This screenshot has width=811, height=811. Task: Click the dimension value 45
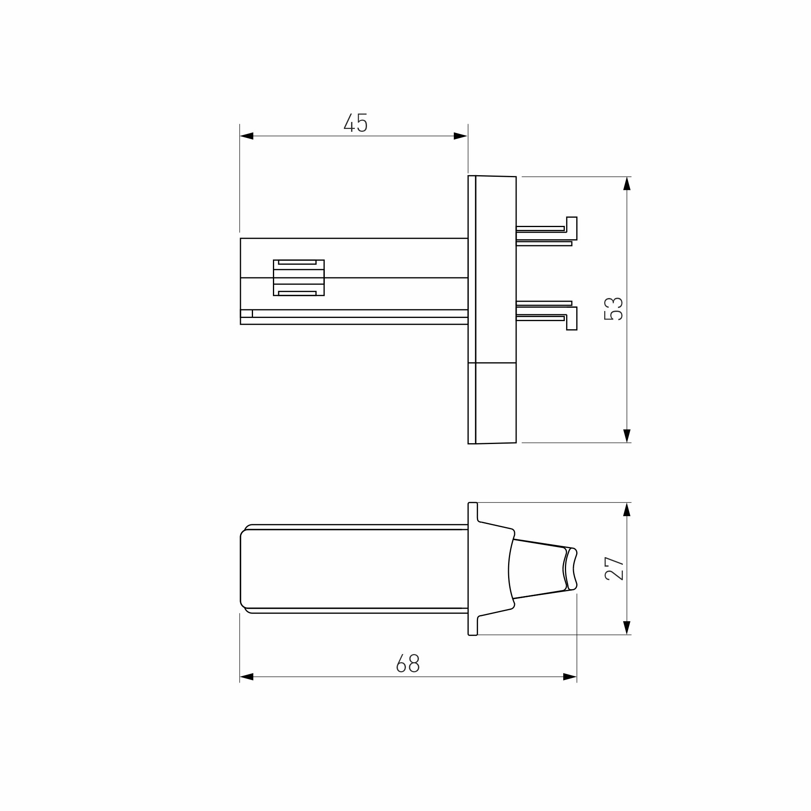click(x=356, y=122)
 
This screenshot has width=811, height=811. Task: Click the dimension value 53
click(x=613, y=309)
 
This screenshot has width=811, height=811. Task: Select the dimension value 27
click(x=614, y=569)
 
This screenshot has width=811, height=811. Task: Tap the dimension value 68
click(x=408, y=663)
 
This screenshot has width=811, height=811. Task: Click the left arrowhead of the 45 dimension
click(x=247, y=136)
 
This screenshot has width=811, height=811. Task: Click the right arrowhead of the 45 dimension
click(x=461, y=136)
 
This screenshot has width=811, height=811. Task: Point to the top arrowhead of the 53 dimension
click(x=627, y=184)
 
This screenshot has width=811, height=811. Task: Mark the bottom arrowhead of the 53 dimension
click(x=627, y=436)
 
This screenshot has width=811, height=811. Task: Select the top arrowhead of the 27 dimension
click(x=627, y=510)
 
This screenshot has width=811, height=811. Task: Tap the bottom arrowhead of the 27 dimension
click(x=627, y=627)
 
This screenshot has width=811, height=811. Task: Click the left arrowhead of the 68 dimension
click(x=247, y=677)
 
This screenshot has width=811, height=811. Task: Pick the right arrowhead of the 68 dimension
click(x=570, y=677)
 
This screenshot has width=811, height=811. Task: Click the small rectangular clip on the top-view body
click(x=298, y=277)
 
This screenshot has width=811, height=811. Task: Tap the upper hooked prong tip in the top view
click(x=571, y=228)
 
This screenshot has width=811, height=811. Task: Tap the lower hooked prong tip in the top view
click(x=571, y=319)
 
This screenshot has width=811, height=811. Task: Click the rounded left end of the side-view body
click(x=243, y=569)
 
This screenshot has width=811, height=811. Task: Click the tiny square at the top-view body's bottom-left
click(x=247, y=313)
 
